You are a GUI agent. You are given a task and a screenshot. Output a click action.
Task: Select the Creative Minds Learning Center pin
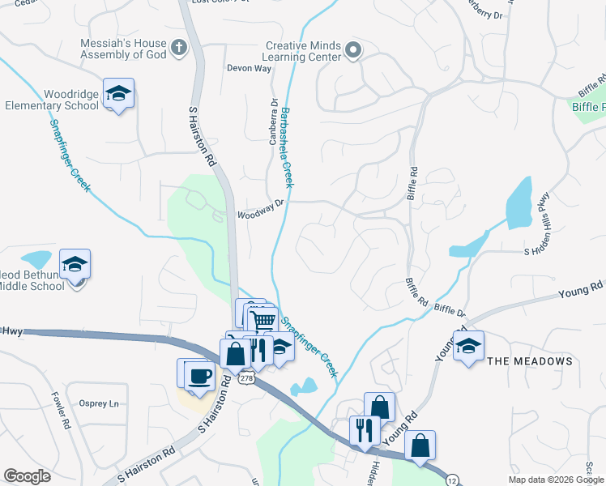click(x=352, y=51)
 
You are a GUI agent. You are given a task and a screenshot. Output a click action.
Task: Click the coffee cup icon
click(x=199, y=374)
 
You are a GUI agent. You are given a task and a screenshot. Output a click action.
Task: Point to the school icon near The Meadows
click(x=468, y=346)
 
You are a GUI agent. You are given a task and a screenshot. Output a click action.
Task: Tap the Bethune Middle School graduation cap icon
click(x=75, y=264)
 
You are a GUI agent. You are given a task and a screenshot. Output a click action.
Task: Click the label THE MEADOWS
click(x=531, y=361)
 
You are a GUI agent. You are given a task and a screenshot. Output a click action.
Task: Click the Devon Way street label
click(x=248, y=69)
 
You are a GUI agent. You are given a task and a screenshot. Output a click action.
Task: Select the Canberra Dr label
click(x=274, y=122)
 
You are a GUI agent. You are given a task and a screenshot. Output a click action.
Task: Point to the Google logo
click(x=27, y=476)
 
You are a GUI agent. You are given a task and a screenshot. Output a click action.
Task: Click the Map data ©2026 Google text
click(x=556, y=480)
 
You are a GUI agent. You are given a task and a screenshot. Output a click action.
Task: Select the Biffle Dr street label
click(x=450, y=310)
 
